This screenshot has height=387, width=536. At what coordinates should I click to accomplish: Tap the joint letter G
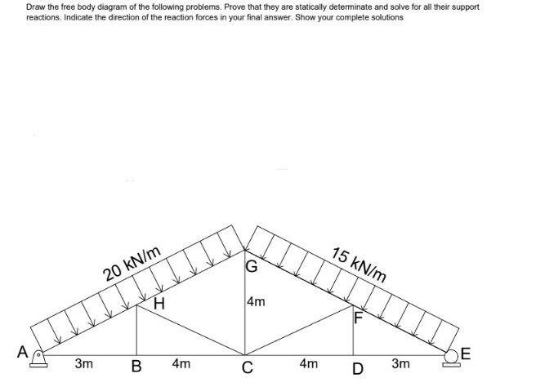point(252,266)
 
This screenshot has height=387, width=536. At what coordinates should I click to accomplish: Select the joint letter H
point(159,305)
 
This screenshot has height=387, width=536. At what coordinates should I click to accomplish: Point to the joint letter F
point(357,318)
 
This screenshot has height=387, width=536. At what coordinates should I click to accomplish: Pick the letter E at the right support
point(466,353)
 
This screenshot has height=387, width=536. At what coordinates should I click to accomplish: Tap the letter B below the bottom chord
point(136,368)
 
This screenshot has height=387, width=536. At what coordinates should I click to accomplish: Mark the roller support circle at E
point(453,356)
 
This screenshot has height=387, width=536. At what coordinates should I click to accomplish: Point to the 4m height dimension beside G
point(256,302)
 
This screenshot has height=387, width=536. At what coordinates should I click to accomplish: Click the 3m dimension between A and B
point(83,363)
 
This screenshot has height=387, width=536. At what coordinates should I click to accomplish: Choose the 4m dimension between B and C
point(181,363)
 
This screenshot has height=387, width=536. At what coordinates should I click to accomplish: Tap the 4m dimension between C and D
point(308,363)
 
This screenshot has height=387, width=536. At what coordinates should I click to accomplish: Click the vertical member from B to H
point(136,331)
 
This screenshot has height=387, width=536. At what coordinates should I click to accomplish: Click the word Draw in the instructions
point(36,7)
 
